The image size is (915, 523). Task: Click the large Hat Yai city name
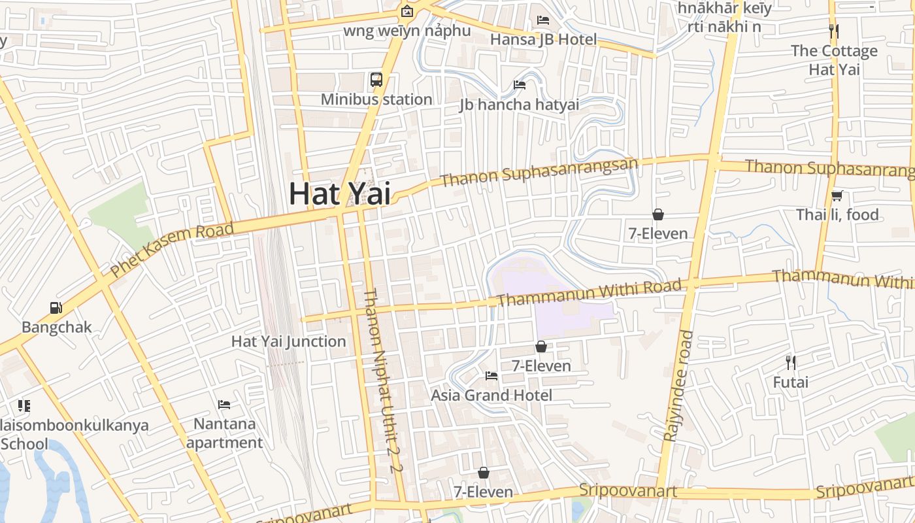click(340, 194)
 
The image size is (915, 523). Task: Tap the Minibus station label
click(376, 99)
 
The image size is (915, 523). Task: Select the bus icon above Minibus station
click(376, 80)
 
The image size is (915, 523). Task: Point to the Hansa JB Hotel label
click(543, 39)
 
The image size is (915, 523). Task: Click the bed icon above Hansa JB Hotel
click(543, 20)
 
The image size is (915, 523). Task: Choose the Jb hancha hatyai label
click(519, 105)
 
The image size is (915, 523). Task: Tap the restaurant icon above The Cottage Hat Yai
click(833, 31)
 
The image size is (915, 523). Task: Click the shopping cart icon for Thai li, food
click(837, 195)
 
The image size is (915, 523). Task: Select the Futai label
click(791, 382)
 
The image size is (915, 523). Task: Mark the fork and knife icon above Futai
click(791, 362)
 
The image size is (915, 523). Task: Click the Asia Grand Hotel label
click(491, 395)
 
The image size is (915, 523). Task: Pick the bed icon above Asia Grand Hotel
click(491, 375)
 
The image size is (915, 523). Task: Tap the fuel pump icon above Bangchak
click(56, 307)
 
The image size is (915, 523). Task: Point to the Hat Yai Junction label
click(288, 341)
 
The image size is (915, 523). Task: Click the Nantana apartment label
click(224, 433)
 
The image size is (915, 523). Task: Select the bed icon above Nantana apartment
click(224, 404)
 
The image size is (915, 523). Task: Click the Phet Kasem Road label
click(171, 250)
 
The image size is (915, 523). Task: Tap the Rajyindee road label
click(678, 386)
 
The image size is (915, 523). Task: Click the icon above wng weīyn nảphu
click(407, 11)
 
